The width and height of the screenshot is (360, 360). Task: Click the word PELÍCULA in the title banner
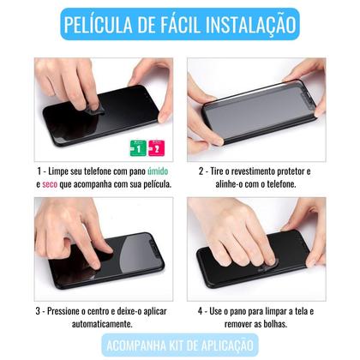point(99,24)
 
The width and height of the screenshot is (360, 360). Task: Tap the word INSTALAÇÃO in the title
point(250,24)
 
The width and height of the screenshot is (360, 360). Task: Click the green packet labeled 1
point(138,148)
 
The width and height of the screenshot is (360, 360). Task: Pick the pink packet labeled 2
point(156,148)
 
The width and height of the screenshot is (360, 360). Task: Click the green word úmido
point(158,171)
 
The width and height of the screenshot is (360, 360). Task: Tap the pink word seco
point(50,184)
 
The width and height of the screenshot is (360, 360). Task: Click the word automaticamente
point(102,324)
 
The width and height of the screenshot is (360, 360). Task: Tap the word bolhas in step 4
point(275,324)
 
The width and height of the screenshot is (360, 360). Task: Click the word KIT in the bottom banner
point(176,345)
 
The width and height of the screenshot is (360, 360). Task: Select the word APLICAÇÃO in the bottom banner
point(227,345)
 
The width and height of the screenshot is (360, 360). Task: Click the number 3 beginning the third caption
point(38,311)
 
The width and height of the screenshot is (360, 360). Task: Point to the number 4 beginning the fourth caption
point(200,311)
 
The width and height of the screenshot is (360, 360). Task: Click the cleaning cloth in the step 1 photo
point(92,109)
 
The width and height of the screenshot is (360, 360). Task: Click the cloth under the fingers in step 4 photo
point(267,267)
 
